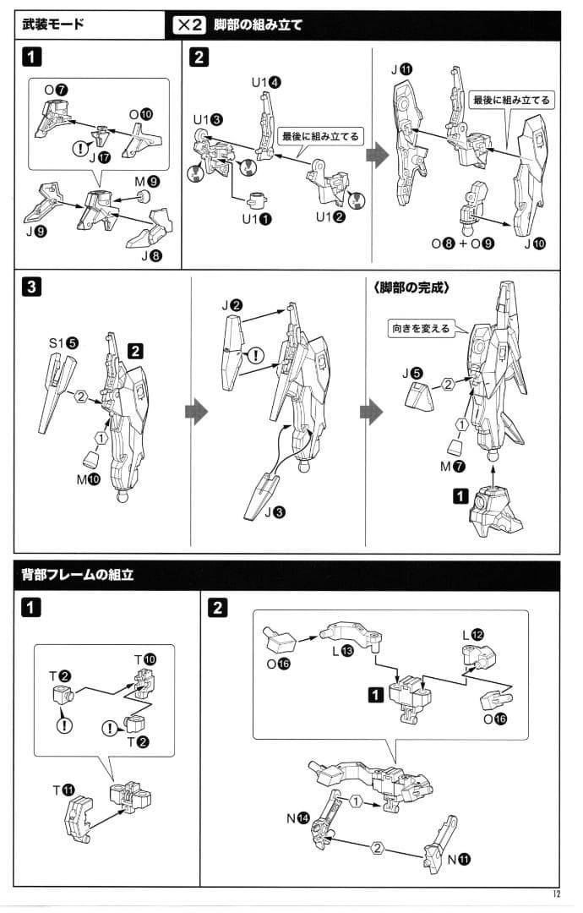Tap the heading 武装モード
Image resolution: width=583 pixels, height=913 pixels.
53,24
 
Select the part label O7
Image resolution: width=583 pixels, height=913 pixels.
57,90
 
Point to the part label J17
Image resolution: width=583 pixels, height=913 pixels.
99,158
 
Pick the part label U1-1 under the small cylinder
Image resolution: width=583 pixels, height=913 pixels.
257,220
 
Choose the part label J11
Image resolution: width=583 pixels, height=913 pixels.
401,70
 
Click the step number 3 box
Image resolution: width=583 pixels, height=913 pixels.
30,287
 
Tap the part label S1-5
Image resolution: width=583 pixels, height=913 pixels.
63,343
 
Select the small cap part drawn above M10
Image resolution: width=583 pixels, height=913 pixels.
90,460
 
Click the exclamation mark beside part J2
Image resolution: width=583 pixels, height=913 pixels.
255,354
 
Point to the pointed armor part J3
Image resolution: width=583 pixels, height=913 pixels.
262,495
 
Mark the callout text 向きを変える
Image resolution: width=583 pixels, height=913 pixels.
421,328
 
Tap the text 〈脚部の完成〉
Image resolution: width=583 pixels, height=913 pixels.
411,287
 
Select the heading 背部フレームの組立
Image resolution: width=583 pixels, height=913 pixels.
78,575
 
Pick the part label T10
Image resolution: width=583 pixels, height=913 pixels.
145,659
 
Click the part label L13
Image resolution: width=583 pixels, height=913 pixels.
343,651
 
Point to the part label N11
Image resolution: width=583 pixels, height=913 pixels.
459,859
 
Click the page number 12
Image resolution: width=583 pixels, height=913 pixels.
556,894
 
